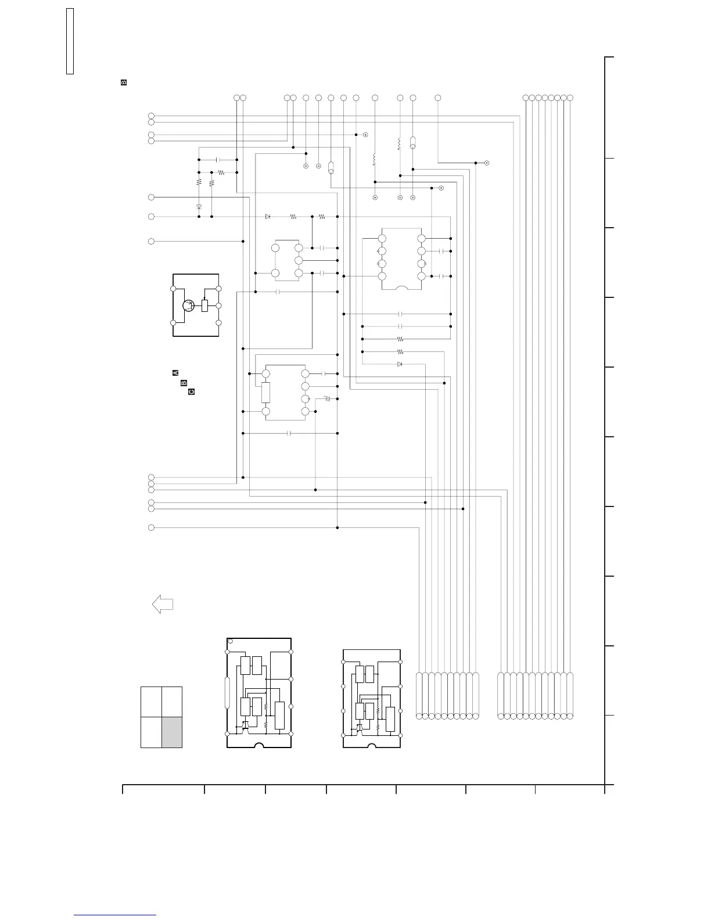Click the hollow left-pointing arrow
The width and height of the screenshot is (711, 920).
click(162, 604)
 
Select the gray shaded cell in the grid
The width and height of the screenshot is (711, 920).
click(172, 732)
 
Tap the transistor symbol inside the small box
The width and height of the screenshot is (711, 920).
click(189, 306)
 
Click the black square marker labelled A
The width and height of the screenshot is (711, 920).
click(175, 372)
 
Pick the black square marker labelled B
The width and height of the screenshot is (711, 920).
click(183, 382)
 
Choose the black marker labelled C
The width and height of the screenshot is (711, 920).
click(191, 392)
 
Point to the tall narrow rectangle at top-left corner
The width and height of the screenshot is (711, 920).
click(70, 41)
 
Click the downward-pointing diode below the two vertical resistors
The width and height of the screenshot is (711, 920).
click(199, 206)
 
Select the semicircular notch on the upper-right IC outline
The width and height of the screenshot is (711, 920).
click(401, 287)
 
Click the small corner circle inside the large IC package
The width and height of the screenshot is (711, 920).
click(231, 642)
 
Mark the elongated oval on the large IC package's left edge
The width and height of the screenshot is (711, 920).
click(227, 692)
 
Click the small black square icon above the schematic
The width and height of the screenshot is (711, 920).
click(123, 82)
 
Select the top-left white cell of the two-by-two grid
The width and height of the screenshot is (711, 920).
click(151, 702)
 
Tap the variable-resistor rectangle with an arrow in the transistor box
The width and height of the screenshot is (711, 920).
click(204, 306)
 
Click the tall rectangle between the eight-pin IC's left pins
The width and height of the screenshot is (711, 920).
click(266, 393)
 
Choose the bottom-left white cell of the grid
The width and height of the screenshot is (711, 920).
click(151, 732)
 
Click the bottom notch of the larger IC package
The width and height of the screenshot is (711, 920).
click(259, 745)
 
